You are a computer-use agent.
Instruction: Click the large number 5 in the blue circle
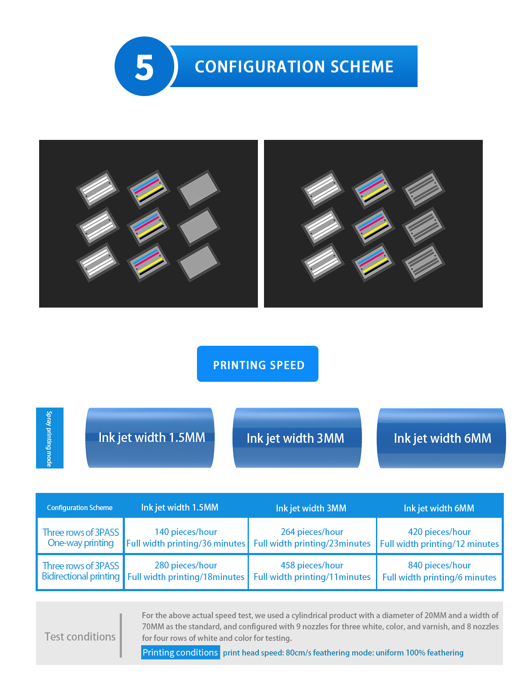(x=144, y=67)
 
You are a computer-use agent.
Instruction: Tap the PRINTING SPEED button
(x=257, y=363)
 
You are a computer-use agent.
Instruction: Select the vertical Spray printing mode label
(x=49, y=438)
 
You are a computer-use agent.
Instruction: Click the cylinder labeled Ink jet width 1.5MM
(x=150, y=438)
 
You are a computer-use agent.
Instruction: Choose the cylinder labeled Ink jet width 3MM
(x=297, y=438)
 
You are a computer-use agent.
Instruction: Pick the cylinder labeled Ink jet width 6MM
(x=441, y=438)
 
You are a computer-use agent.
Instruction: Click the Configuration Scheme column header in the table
(x=80, y=507)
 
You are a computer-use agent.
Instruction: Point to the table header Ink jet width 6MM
(x=439, y=508)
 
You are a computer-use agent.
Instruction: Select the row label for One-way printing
(x=81, y=538)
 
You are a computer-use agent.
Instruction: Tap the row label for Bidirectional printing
(x=81, y=571)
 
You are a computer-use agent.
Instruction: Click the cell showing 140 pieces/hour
(x=185, y=537)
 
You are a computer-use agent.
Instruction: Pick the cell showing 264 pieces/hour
(x=312, y=537)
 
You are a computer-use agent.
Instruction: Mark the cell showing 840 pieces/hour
(x=439, y=571)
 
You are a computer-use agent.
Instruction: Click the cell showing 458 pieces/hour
(x=312, y=571)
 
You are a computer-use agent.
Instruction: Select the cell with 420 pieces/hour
(x=439, y=537)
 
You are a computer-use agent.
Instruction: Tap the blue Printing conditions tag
(x=180, y=652)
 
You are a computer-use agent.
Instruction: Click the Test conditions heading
(x=80, y=636)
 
